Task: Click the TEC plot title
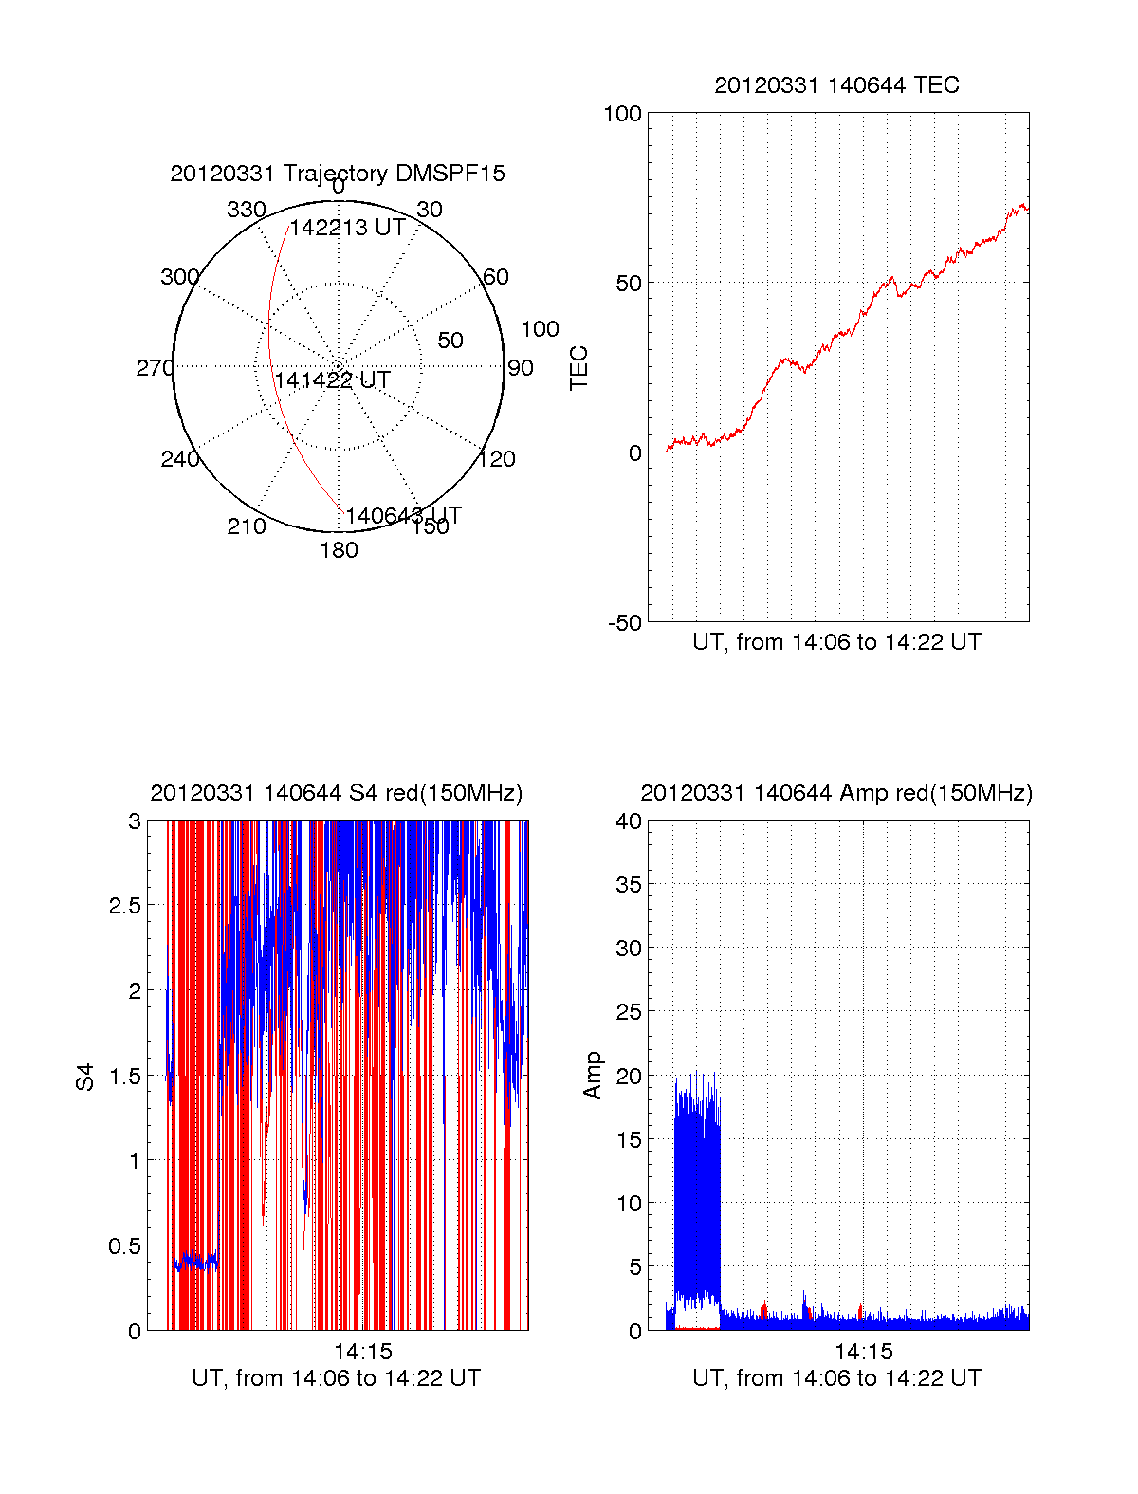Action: point(836,85)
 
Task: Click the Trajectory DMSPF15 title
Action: point(338,174)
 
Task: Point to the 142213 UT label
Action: point(347,228)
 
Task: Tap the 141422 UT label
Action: point(332,380)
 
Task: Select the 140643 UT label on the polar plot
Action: point(403,516)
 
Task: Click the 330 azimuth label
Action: point(246,210)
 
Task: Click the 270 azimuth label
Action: point(155,368)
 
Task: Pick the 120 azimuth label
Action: point(497,460)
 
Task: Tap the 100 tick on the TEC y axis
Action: point(622,114)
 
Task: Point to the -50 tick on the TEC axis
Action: point(625,623)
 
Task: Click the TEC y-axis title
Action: point(578,368)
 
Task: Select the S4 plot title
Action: point(336,793)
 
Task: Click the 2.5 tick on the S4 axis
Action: point(124,906)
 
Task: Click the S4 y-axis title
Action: point(85,1077)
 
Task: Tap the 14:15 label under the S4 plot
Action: point(362,1352)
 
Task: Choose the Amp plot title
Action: point(836,793)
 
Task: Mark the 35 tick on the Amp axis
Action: point(629,885)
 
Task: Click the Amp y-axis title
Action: point(593,1076)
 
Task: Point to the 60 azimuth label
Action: point(496,277)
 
